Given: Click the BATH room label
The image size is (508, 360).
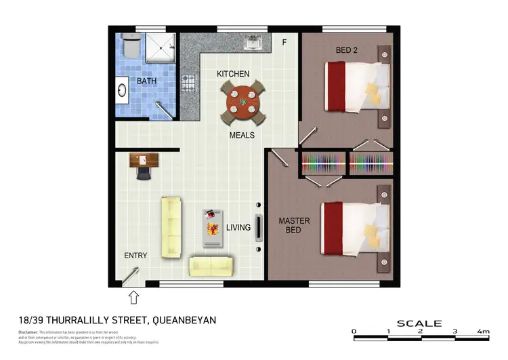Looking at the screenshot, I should pyautogui.click(x=146, y=81).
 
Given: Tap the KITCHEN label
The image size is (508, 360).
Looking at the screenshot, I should pyautogui.click(x=233, y=74).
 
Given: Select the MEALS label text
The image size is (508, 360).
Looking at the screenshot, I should pyautogui.click(x=242, y=136).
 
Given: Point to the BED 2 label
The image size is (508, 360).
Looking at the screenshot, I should pyautogui.click(x=347, y=49).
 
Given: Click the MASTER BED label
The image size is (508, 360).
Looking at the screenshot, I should pyautogui.click(x=294, y=226).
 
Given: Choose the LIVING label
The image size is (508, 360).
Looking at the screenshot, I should pyautogui.click(x=238, y=228).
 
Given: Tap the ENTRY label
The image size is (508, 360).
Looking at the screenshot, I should pyautogui.click(x=135, y=256).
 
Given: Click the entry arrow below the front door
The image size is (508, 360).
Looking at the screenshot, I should pyautogui.click(x=133, y=297).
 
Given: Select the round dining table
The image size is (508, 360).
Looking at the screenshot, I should pyautogui.click(x=242, y=102).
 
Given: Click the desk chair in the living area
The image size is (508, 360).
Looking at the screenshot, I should pyautogui.click(x=144, y=173).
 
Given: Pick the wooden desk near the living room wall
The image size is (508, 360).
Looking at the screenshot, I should pyautogui.click(x=144, y=160).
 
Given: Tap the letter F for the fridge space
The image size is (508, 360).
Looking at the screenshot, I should pyautogui.click(x=284, y=43).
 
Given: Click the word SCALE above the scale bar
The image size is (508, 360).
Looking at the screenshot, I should pyautogui.click(x=419, y=323).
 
